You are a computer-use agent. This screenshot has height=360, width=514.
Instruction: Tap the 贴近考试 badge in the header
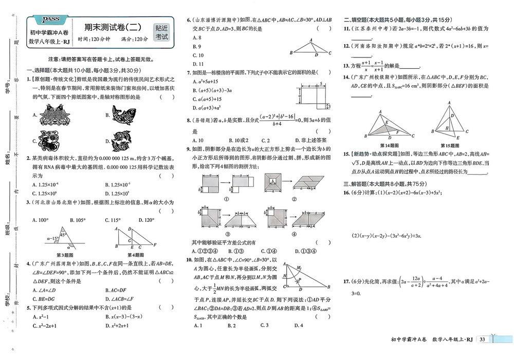coord(161,32)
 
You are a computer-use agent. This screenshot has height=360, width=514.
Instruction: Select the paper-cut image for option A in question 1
coord(50,115)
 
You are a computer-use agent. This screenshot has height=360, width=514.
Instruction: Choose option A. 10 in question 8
coord(197,140)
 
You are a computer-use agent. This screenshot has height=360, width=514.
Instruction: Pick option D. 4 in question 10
coord(299,326)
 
